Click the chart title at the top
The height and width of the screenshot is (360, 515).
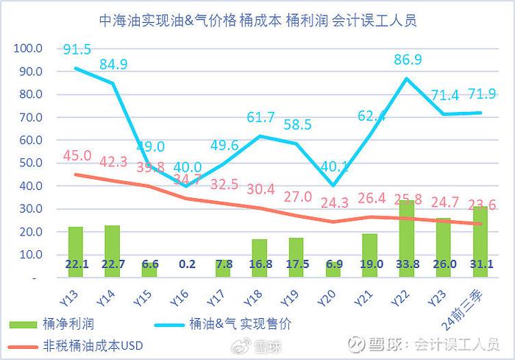pyautogui.click(x=257, y=20)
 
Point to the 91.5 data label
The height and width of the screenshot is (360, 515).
pyautogui.click(x=77, y=49)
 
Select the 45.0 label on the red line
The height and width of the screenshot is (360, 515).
pyautogui.click(x=77, y=156)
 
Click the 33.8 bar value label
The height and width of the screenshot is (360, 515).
pyautogui.click(x=407, y=264)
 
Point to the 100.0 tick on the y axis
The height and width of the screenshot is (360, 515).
pyautogui.click(x=29, y=49)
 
